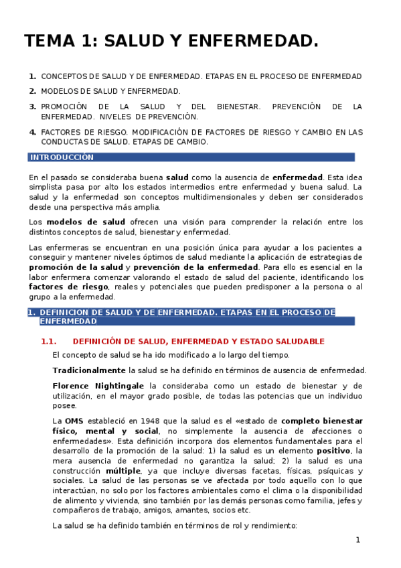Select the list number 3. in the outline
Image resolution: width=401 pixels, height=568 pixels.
coord(33,106)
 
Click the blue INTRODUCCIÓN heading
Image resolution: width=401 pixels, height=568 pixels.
coord(62,157)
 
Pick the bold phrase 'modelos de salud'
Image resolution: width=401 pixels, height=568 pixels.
coord(86,222)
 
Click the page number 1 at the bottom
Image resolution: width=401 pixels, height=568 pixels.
coord(358,540)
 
